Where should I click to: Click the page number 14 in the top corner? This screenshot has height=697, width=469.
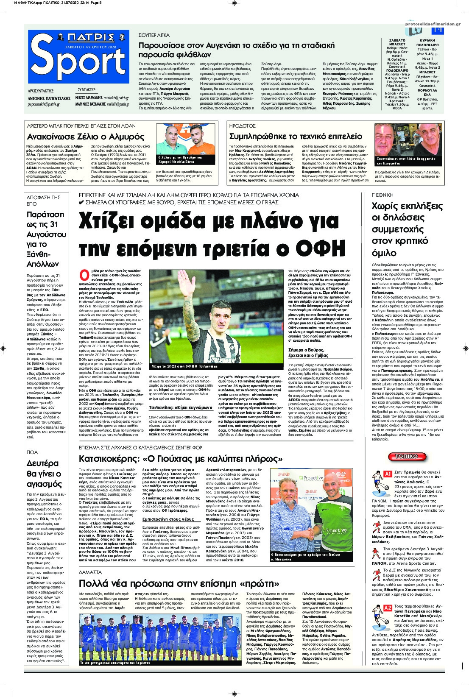pyautogui.click(x=437, y=31)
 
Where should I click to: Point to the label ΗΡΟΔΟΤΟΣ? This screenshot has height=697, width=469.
pyautogui.click(x=242, y=126)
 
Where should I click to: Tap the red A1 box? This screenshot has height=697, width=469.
pyautogui.click(x=387, y=474)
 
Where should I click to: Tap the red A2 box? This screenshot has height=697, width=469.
pyautogui.click(x=388, y=608)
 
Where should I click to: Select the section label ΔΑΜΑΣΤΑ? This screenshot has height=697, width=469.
pyautogui.click(x=90, y=572)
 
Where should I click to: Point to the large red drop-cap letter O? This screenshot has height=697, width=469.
pyautogui.click(x=84, y=274)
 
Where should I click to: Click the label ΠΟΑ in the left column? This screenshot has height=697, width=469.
pyautogui.click(x=32, y=452)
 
